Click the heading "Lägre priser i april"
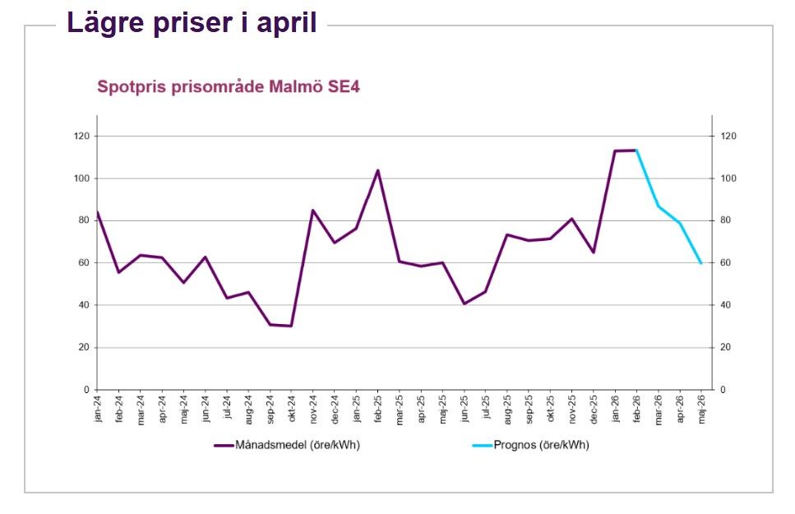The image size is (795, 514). (x=192, y=22)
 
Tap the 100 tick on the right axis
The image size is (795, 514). (x=728, y=178)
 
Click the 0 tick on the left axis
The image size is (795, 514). (x=86, y=390)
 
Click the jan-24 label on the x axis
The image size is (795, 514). (x=98, y=409)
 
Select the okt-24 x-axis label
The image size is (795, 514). (x=292, y=409)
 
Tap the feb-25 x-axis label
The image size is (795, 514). (x=378, y=409)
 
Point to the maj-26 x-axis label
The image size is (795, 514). (x=701, y=409)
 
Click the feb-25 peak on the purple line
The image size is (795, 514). (x=378, y=170)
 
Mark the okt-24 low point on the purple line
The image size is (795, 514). (x=291, y=326)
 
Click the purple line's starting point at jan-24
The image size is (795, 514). (x=98, y=212)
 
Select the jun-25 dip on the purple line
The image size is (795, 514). (x=464, y=303)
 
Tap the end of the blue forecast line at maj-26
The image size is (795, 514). (x=701, y=263)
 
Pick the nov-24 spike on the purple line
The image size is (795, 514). (x=313, y=210)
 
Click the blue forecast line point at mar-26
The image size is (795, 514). (x=658, y=206)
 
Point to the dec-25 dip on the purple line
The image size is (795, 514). (x=593, y=252)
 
